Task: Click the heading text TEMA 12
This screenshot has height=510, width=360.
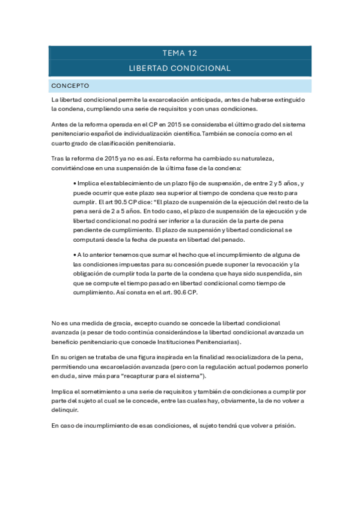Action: pos(180,53)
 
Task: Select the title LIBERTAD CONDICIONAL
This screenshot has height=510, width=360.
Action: pos(180,69)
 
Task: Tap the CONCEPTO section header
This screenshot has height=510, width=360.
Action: pos(70,85)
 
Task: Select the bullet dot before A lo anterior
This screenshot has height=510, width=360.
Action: pos(73,255)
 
